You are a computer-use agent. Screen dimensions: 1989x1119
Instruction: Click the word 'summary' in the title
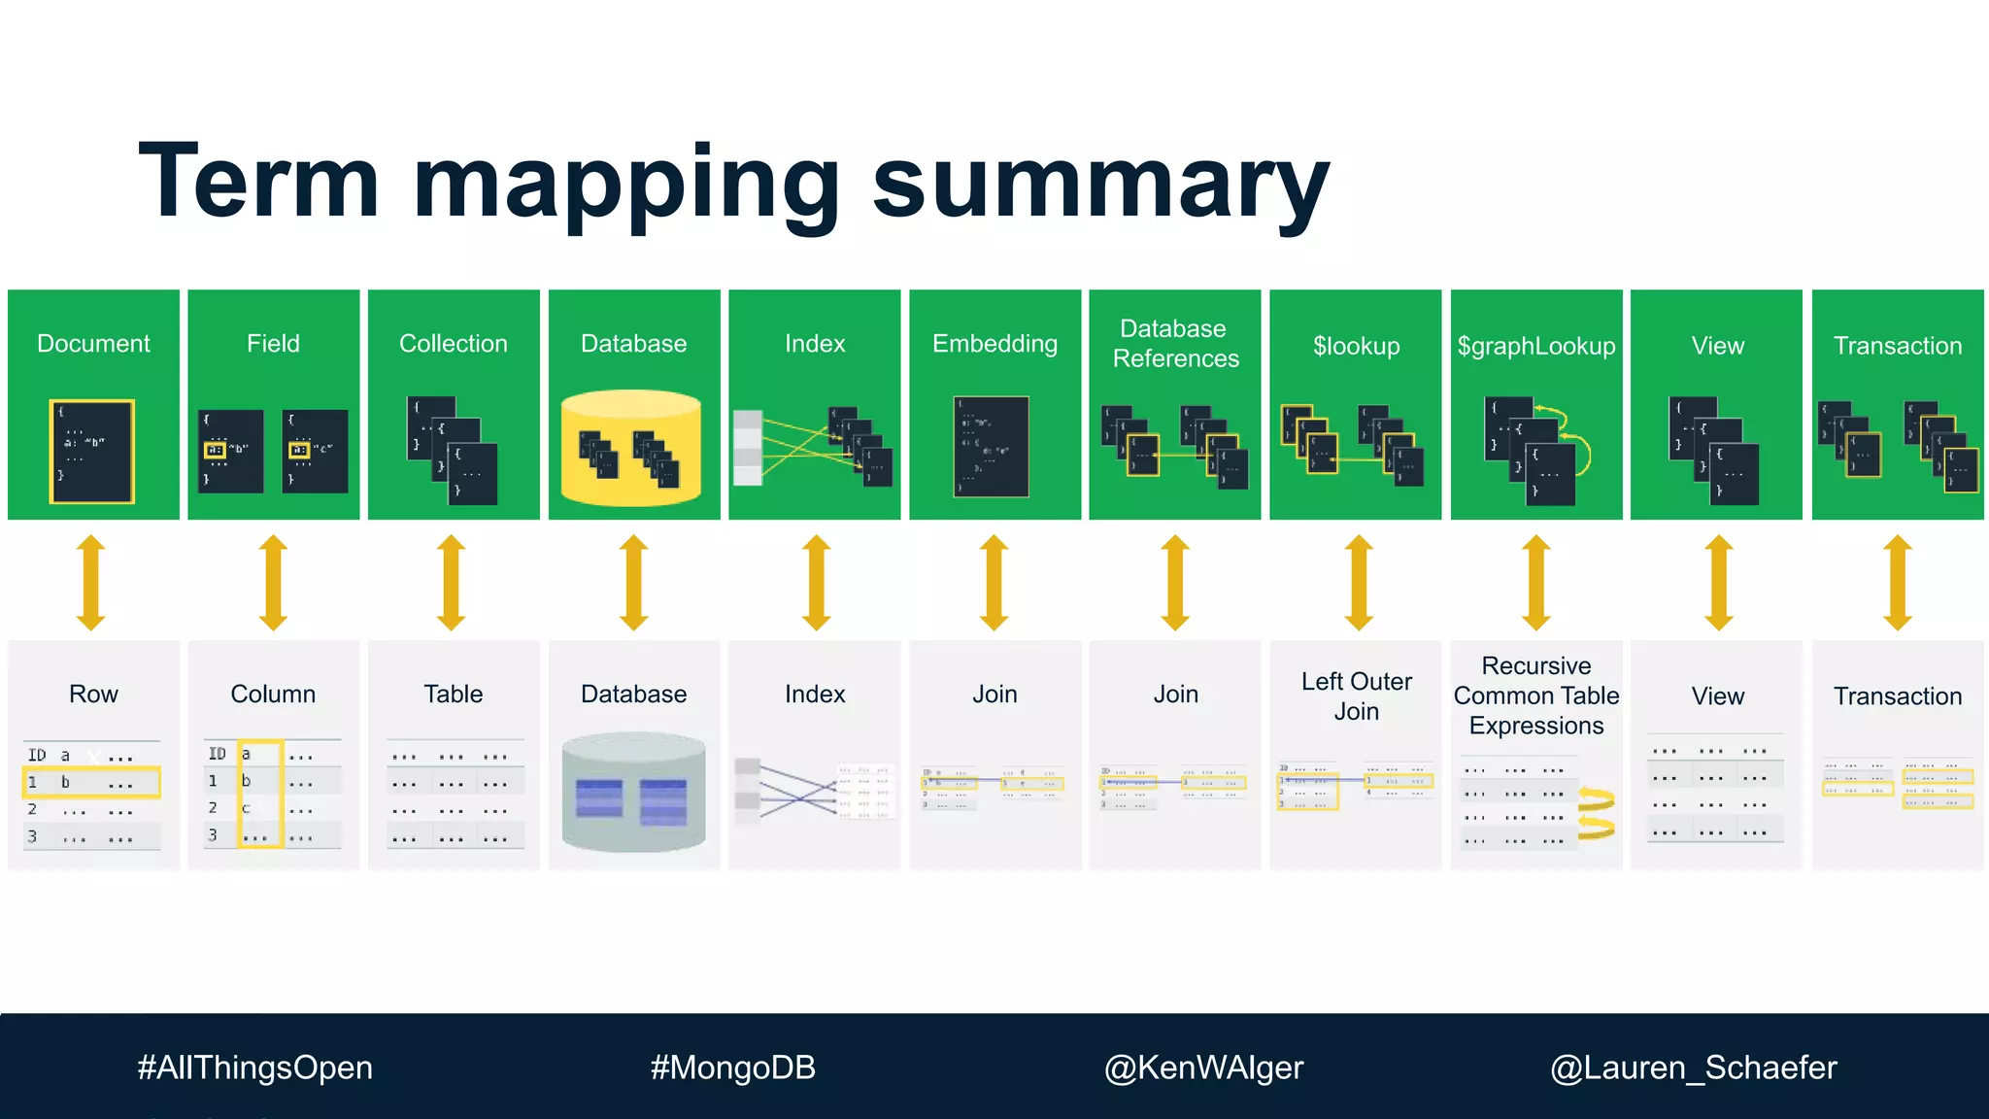tap(1100, 185)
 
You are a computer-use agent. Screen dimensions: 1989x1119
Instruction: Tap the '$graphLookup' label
tap(1535, 346)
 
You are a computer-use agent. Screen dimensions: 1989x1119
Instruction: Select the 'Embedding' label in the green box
tap(994, 344)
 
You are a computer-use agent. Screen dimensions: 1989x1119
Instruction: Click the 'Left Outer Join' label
tap(1356, 695)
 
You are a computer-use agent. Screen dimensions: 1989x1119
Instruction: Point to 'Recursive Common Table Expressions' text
tap(1535, 695)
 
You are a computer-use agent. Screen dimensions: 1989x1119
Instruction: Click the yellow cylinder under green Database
tap(632, 448)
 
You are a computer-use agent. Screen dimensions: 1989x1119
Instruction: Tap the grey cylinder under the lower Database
tap(633, 793)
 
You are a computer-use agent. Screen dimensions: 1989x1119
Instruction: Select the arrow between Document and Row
tap(91, 582)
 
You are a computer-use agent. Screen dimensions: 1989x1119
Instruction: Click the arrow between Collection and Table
tap(452, 582)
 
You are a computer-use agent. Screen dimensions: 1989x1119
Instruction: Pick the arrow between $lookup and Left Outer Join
tap(1358, 582)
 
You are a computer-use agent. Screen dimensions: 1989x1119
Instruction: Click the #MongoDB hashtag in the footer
tap(732, 1068)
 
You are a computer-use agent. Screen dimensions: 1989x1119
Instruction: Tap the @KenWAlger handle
tap(1203, 1068)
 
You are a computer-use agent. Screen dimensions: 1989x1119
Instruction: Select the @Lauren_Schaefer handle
tap(1693, 1068)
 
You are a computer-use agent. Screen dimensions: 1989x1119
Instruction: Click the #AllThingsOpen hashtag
tap(254, 1068)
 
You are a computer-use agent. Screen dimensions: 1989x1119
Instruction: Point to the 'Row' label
tap(93, 694)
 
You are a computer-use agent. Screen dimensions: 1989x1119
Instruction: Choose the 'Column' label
tap(273, 694)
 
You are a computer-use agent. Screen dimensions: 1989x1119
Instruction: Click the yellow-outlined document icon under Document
tap(91, 451)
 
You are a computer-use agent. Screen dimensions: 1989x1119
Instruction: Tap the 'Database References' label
tap(1175, 344)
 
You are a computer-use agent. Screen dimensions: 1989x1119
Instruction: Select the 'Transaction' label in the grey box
tap(1897, 695)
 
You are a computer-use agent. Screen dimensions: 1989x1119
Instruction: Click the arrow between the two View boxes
tap(1718, 582)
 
